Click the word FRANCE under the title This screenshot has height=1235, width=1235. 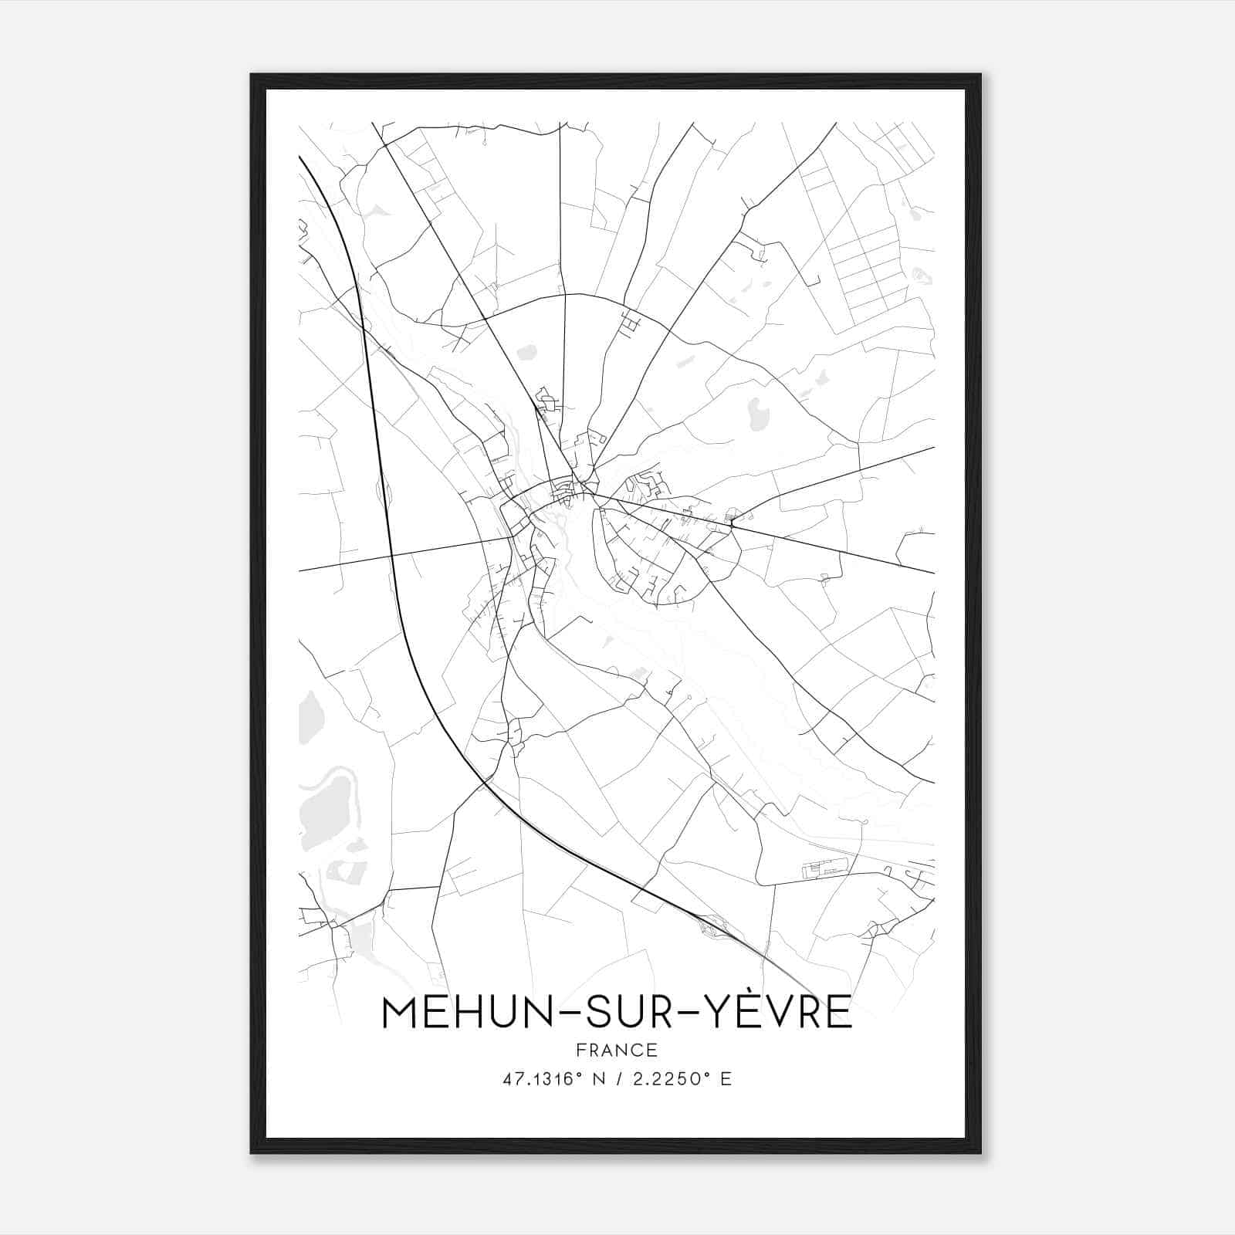[x=617, y=1050]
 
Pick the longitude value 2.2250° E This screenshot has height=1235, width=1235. [x=682, y=1079]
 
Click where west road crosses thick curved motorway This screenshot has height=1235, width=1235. [x=391, y=555]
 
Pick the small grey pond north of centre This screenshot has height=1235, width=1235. [x=527, y=353]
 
